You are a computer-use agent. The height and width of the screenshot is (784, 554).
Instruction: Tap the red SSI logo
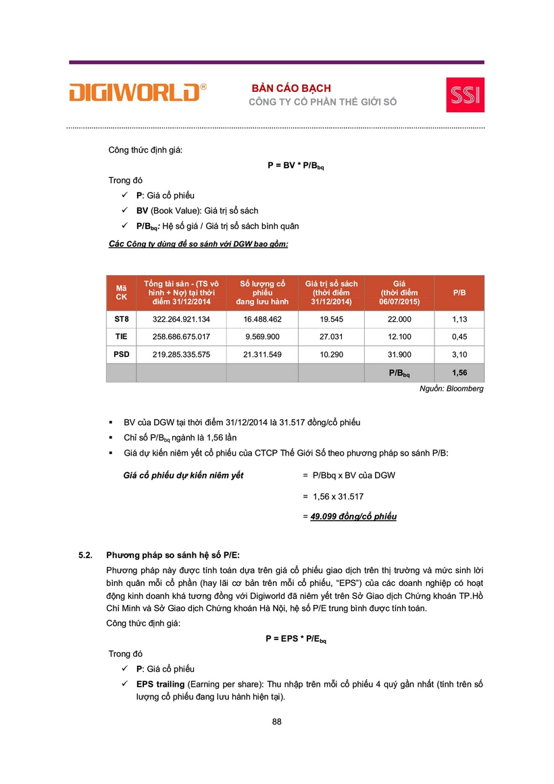[x=465, y=95]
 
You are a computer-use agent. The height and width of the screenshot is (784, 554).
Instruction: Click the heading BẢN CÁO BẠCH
[x=291, y=89]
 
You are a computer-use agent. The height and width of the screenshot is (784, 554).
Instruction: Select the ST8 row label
[x=121, y=319]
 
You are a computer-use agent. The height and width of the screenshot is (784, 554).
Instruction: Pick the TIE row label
[x=121, y=337]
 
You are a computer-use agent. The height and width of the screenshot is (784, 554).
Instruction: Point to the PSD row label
[x=121, y=355]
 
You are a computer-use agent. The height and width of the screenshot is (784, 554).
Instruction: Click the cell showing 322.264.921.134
[x=181, y=319]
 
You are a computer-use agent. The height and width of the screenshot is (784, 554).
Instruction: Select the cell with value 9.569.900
[x=262, y=337]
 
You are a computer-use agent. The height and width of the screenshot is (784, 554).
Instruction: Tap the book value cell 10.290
[x=332, y=355]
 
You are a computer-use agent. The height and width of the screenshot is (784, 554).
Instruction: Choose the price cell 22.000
[x=401, y=319]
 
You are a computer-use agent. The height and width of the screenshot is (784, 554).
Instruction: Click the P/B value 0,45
[x=459, y=337]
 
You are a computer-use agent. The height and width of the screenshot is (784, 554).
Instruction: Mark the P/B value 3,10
[x=459, y=355]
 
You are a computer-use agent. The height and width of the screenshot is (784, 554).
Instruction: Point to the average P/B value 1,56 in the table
[x=459, y=372]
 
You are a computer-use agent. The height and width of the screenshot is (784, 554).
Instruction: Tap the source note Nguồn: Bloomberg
[x=451, y=389]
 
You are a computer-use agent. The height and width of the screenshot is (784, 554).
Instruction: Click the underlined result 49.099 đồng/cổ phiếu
[x=353, y=517]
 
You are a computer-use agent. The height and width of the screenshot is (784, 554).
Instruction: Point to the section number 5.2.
[x=85, y=556]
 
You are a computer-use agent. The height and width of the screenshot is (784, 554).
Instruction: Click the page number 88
[x=277, y=722]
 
